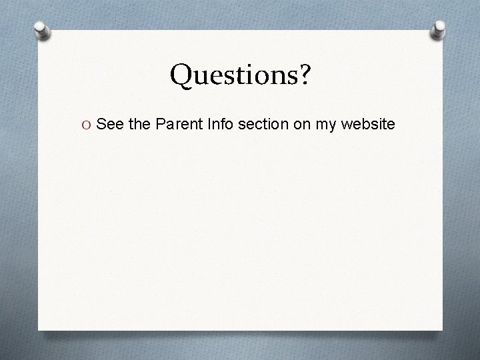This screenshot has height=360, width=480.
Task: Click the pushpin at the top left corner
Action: click(x=41, y=31)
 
